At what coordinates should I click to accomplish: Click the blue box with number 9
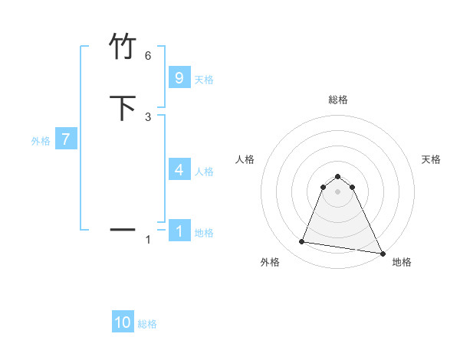179,78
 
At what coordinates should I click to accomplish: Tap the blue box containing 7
67,139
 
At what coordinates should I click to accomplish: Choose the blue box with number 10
123,322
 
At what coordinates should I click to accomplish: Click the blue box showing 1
179,231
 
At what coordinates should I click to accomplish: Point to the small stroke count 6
148,56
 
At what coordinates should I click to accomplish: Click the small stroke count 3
148,116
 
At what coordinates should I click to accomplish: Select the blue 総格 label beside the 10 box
147,324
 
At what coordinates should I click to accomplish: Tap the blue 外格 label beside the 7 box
41,141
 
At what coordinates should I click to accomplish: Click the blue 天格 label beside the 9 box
204,80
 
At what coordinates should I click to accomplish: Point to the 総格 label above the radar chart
337,100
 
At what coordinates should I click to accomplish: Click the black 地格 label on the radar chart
402,262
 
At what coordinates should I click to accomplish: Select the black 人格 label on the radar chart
245,159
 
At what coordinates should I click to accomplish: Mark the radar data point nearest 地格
382,253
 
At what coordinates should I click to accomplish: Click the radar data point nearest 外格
302,242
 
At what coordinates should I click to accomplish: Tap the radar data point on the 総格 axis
337,175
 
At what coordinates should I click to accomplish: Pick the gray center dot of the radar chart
337,191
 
